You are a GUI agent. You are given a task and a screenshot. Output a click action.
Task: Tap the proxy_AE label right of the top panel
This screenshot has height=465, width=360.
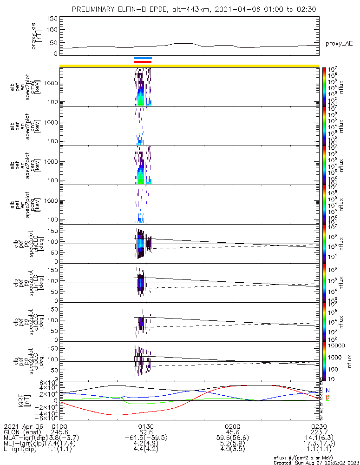[338, 43]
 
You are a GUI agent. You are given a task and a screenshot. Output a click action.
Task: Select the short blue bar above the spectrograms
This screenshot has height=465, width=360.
[143, 58]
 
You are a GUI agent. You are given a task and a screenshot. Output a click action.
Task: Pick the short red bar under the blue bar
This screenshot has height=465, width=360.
[143, 62]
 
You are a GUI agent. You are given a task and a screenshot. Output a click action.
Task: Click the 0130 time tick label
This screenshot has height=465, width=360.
[146, 426]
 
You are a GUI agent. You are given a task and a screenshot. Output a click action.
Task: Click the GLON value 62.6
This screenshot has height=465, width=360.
[146, 432]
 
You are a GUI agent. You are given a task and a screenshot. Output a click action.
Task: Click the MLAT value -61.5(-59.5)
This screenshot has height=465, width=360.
[146, 438]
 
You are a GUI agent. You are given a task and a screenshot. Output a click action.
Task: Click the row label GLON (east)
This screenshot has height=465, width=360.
[23, 432]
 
